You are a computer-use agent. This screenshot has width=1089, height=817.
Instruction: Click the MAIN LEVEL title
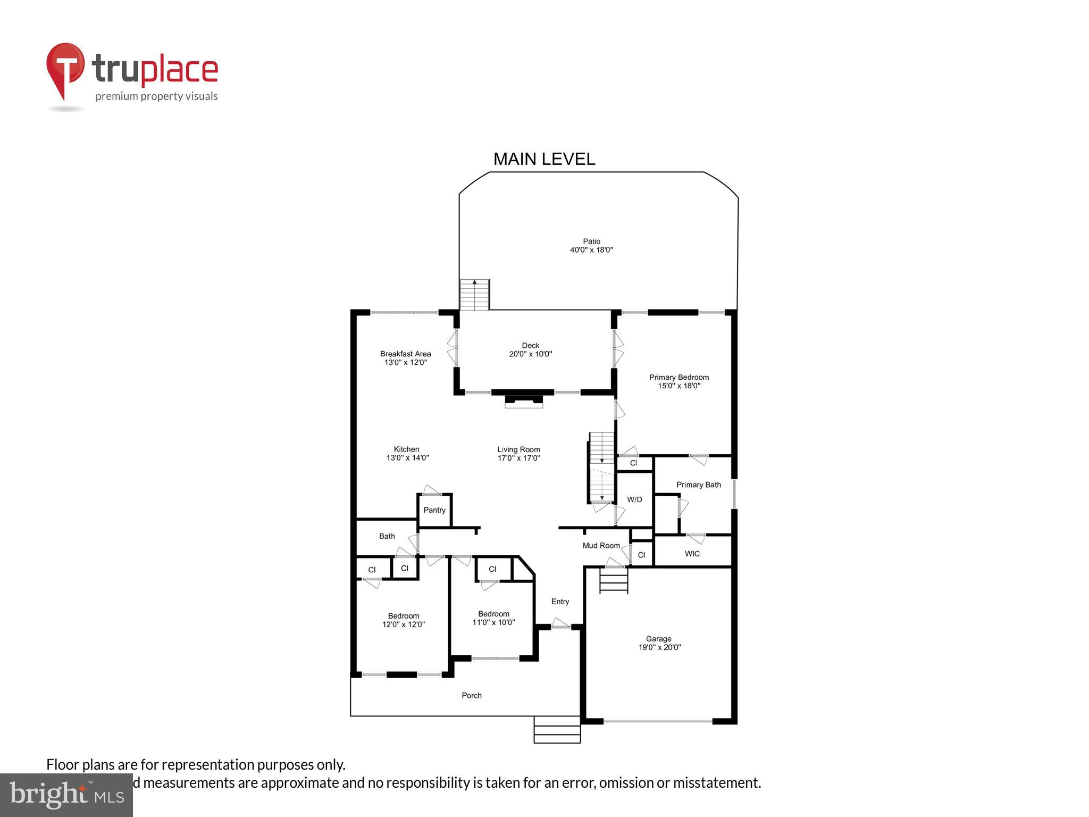pos(544,159)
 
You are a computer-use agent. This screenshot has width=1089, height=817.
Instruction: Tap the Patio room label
pos(591,241)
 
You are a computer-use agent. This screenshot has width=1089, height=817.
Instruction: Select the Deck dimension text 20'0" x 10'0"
pos(531,354)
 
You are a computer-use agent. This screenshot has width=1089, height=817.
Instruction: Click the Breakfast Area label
pos(405,354)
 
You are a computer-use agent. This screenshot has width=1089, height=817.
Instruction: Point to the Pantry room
pos(434,510)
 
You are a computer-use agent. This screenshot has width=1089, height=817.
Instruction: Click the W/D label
pos(634,499)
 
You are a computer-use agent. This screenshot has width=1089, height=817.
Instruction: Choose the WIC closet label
pos(692,554)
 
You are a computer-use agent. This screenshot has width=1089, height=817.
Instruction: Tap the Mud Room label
pos(601,546)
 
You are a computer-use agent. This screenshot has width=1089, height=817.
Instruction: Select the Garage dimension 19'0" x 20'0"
pos(659,648)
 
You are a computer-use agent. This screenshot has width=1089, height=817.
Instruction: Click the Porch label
pos(472,696)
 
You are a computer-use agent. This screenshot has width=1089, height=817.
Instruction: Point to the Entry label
pos(560,602)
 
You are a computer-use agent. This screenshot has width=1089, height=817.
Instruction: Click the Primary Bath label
pos(698,485)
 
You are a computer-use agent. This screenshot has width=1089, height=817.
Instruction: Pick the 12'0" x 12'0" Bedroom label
pos(404,616)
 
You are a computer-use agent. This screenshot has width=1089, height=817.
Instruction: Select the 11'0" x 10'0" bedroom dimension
pos(493,622)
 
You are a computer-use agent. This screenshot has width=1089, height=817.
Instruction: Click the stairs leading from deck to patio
pos(474,295)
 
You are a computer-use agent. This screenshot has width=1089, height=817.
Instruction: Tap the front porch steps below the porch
pos(557,729)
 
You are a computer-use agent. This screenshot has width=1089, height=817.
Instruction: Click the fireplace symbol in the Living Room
pos(524,401)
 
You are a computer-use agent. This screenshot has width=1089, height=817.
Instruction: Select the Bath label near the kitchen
pos(387,536)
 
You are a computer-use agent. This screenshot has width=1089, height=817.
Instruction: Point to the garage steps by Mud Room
pos(614,580)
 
